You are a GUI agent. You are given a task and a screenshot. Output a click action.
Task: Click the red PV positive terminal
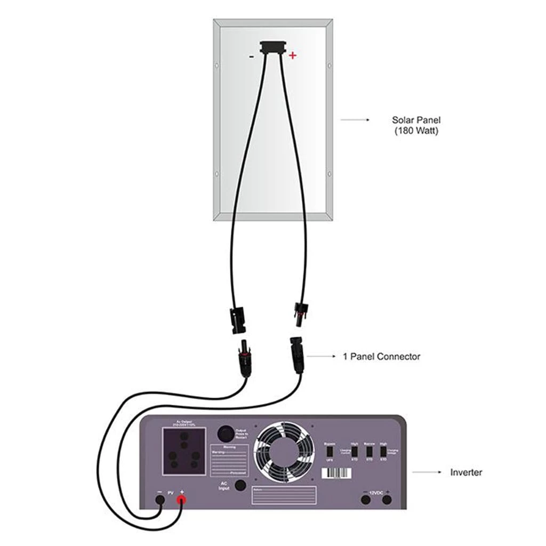[181, 500]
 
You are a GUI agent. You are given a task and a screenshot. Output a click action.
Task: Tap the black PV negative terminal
[159, 500]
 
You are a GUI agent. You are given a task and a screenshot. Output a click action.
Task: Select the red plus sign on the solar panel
[292, 55]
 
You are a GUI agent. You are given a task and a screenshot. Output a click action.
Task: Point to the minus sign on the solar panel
[251, 55]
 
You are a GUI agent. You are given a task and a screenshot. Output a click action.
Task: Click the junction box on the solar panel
[272, 48]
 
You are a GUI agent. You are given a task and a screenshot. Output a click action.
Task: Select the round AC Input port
[240, 485]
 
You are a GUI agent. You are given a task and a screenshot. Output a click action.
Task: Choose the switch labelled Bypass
[330, 451]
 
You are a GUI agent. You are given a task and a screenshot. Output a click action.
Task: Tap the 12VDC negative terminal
[366, 500]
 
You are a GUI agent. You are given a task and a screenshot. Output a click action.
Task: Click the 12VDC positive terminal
[387, 500]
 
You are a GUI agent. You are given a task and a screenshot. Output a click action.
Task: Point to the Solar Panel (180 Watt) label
[416, 125]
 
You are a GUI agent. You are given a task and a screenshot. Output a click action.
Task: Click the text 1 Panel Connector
[381, 356]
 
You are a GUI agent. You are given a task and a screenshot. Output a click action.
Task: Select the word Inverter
[466, 472]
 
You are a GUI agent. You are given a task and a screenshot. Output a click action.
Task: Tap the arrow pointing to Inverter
[425, 472]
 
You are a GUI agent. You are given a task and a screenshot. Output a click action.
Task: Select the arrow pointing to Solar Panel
[355, 121]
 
